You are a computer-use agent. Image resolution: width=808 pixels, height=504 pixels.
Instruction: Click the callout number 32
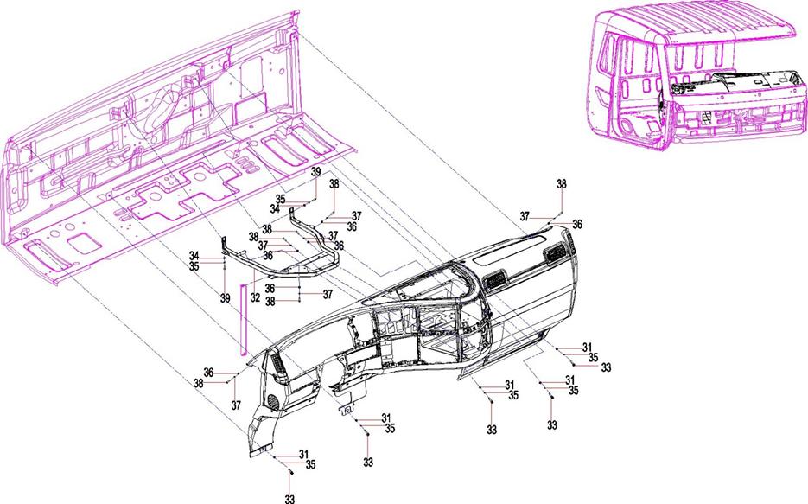[255, 296]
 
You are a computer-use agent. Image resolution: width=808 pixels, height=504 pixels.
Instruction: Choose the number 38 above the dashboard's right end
[562, 185]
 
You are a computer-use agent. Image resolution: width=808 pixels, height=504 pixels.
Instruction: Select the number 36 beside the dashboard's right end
[577, 224]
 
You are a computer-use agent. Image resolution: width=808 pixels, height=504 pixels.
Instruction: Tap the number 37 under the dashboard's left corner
[234, 405]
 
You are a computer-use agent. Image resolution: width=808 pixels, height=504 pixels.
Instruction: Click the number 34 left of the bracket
[195, 256]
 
